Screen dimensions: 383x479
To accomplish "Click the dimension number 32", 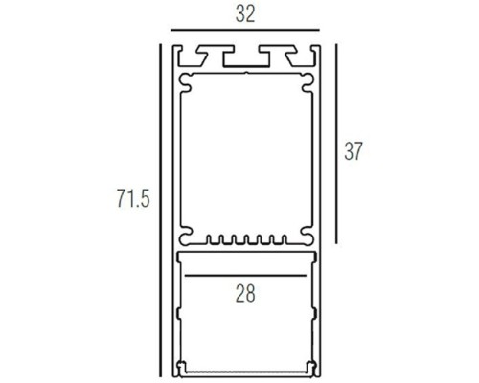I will coord(246,14).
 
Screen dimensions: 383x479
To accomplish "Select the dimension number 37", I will coord(355,151).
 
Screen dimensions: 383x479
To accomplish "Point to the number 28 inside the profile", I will coord(245,295).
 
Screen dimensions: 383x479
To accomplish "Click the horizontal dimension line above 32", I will coord(245,32).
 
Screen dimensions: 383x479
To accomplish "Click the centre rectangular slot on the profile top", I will coord(245,57).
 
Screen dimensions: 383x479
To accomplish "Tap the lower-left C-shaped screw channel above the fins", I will coord(186,233).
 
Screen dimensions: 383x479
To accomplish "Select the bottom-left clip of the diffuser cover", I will coord(182,365).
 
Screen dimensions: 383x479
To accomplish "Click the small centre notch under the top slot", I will coord(246,73).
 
